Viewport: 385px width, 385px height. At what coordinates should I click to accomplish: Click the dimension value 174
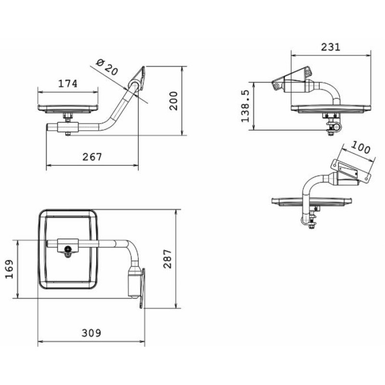67,84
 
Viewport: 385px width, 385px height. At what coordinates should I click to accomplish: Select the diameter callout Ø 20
107,67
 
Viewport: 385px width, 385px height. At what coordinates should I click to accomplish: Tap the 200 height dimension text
174,101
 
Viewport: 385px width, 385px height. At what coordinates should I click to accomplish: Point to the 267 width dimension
92,157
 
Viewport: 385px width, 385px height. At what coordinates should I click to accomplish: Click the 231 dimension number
331,47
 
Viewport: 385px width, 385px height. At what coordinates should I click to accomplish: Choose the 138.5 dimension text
245,106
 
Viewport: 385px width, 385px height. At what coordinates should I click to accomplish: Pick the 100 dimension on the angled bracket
360,147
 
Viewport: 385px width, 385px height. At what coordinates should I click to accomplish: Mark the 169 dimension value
10,269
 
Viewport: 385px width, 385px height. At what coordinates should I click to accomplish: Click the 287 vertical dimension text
167,259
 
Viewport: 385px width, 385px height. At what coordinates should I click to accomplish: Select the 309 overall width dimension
91,333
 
